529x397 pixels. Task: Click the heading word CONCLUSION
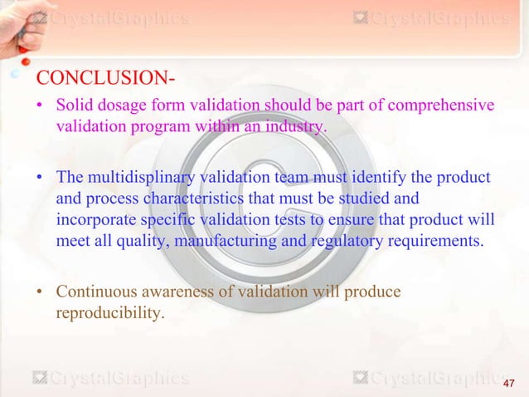[99, 79]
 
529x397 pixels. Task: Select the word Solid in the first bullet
[75, 106]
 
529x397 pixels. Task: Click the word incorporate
[99, 220]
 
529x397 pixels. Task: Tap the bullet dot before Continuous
[41, 292]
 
